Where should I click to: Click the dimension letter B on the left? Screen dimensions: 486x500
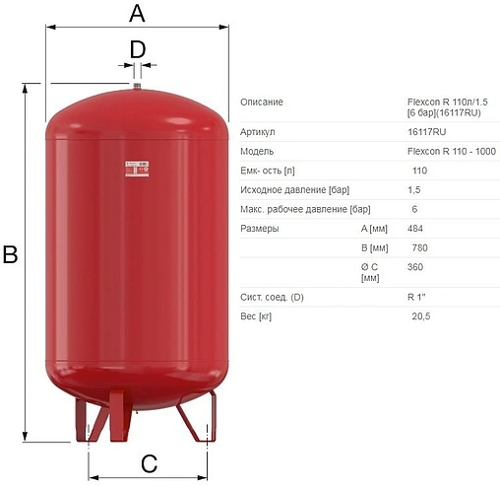tap(10, 255)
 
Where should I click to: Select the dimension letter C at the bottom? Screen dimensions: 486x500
tap(149, 463)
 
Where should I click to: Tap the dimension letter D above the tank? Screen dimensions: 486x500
tap(138, 48)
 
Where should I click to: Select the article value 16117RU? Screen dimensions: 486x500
tap(426, 131)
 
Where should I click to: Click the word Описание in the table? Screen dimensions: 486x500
tap(262, 103)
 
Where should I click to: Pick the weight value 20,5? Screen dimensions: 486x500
tap(421, 316)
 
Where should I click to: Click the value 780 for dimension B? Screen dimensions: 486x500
tap(420, 247)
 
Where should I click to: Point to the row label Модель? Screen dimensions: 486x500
tap(258, 151)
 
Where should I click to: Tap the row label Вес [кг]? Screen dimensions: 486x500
tap(258, 316)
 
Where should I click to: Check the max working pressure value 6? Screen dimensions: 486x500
tap(414, 209)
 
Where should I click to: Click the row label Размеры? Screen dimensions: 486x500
tap(260, 229)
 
